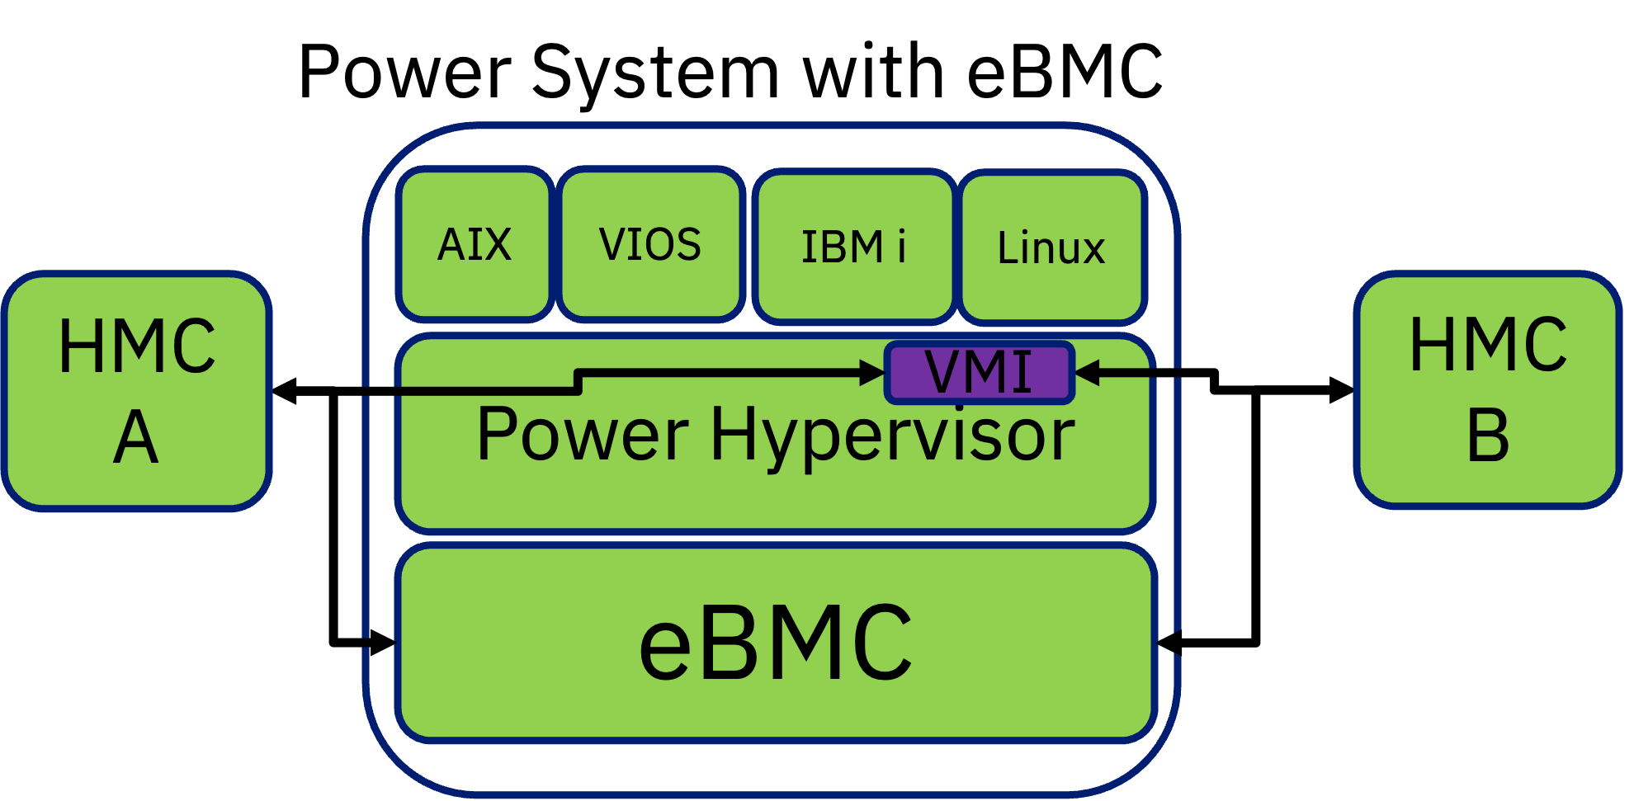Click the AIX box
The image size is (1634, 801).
click(x=475, y=244)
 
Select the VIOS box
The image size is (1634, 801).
click(x=650, y=244)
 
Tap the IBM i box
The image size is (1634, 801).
click(x=853, y=247)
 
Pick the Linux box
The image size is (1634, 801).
click(x=1051, y=247)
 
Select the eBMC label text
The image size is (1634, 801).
click(x=776, y=643)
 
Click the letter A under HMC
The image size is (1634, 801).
click(x=136, y=437)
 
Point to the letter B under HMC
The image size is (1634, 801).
click(x=1488, y=436)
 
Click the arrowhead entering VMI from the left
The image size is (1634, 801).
click(x=873, y=372)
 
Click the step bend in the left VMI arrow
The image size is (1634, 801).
click(x=578, y=382)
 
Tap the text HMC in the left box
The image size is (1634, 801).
click(x=137, y=346)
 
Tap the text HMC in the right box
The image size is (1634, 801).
click(x=1488, y=345)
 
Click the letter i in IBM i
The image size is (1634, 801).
click(x=901, y=247)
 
